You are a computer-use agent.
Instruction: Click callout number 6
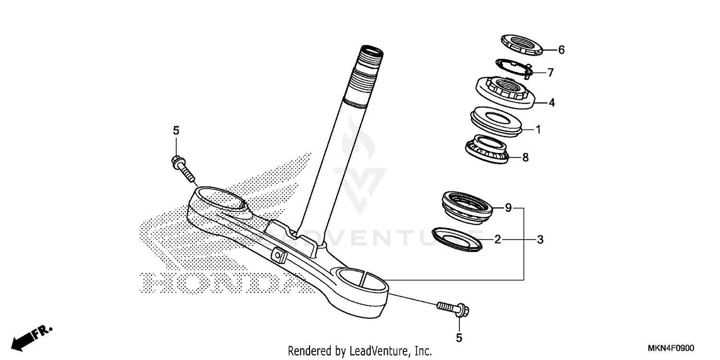(548, 50)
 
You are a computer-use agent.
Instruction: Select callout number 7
(551, 73)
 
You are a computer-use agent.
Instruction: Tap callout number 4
(552, 103)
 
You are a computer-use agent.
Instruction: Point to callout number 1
(538, 130)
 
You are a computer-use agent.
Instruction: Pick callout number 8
(525, 157)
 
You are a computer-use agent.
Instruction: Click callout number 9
(508, 208)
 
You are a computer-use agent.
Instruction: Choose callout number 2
(498, 239)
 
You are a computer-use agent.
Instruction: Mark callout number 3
(540, 239)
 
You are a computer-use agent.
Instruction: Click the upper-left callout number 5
(176, 130)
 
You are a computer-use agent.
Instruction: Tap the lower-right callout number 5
(459, 338)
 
